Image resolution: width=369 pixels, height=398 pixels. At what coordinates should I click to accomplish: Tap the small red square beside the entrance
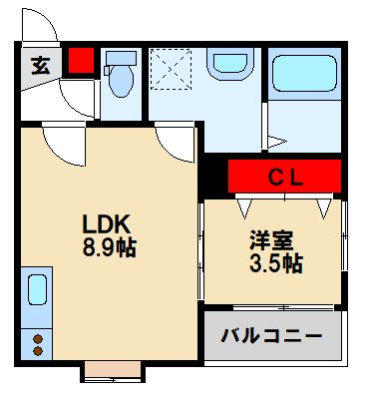(x=81, y=62)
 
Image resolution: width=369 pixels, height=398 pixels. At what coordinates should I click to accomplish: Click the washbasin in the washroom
(x=222, y=66)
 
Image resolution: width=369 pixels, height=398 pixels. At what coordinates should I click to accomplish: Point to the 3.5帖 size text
(x=274, y=263)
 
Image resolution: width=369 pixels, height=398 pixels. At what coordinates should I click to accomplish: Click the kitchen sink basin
(x=37, y=291)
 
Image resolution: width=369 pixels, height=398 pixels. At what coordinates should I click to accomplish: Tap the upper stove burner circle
(x=38, y=337)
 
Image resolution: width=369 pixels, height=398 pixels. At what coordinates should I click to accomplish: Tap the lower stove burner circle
(x=38, y=352)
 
